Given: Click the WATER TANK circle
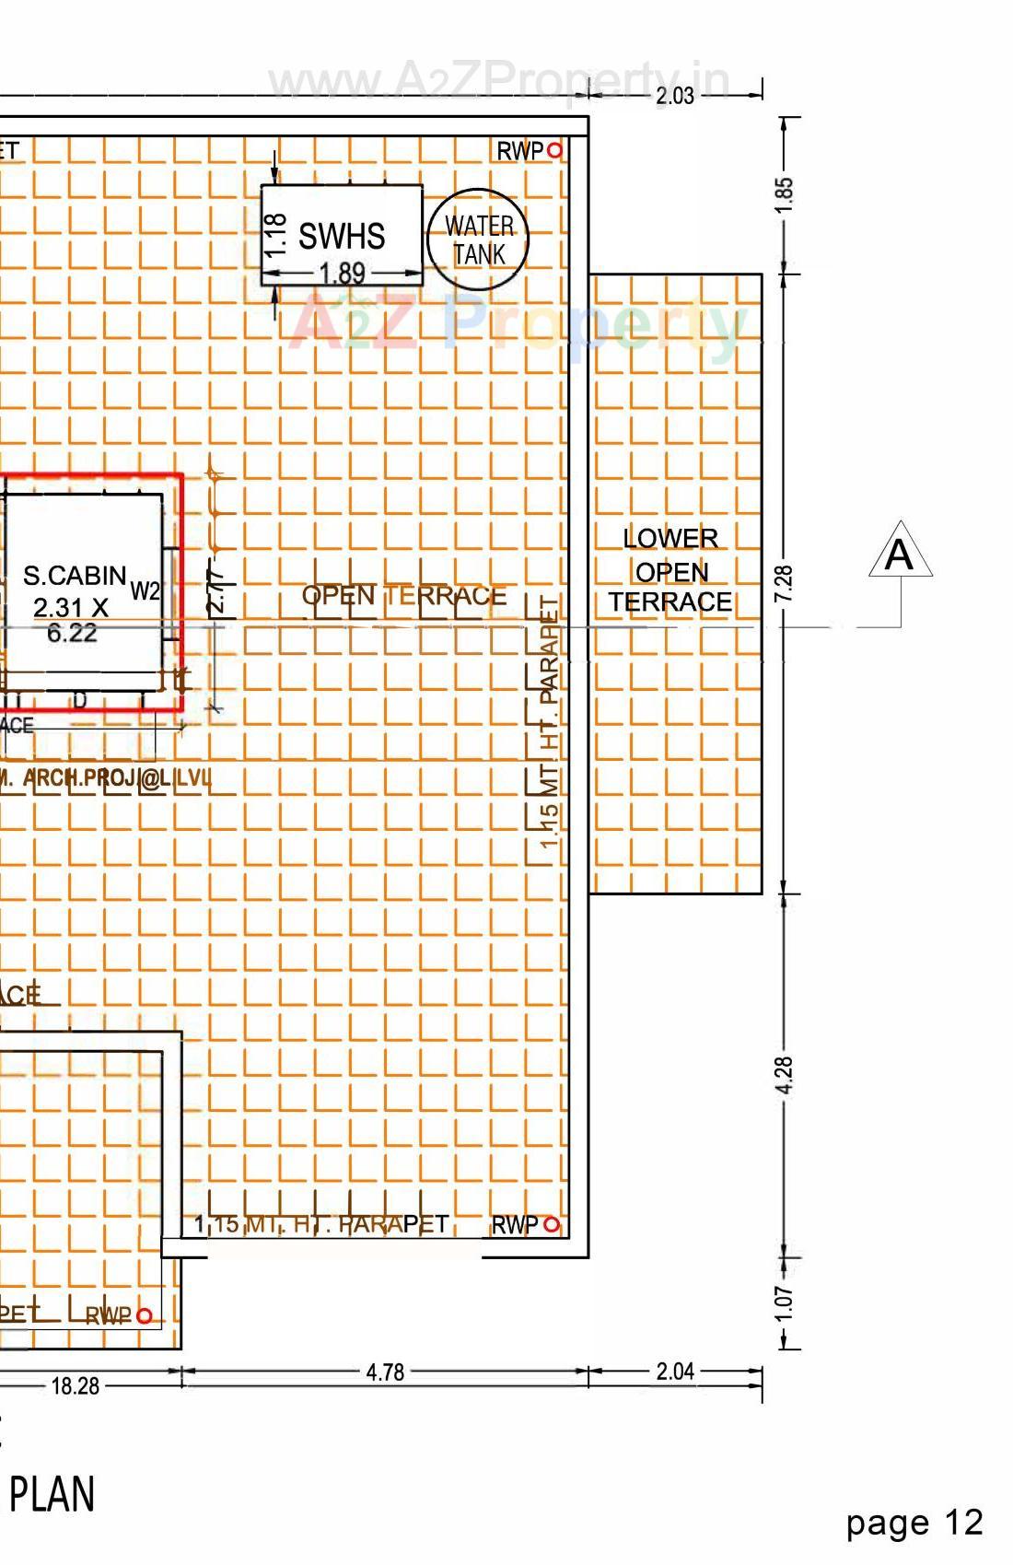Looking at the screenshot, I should click(x=478, y=239).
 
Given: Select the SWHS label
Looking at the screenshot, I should click(x=342, y=237).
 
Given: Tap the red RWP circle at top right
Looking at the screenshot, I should click(x=554, y=150).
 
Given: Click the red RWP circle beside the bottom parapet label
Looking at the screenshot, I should click(x=552, y=1225).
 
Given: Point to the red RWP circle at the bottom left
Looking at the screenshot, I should click(x=144, y=1316).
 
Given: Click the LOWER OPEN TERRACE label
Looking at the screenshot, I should click(x=670, y=570).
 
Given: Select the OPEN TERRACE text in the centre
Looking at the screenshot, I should click(x=404, y=596).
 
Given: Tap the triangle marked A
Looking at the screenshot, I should click(x=900, y=553).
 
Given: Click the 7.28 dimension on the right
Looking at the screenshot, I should click(x=784, y=583).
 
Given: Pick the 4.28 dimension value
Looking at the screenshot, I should click(x=784, y=1075).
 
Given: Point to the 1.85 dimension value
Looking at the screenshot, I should click(x=784, y=194).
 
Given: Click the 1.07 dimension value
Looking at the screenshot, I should click(x=784, y=1302).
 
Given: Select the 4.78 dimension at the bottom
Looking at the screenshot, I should click(x=385, y=1372).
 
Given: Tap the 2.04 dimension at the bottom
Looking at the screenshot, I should click(x=675, y=1372).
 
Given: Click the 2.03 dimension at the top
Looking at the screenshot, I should click(x=675, y=96).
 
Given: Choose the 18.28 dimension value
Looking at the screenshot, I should click(x=76, y=1385).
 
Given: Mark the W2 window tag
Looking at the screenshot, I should click(x=146, y=590).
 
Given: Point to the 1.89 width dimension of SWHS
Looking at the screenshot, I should click(x=342, y=273).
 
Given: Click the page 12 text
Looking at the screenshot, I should click(x=914, y=1523).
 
